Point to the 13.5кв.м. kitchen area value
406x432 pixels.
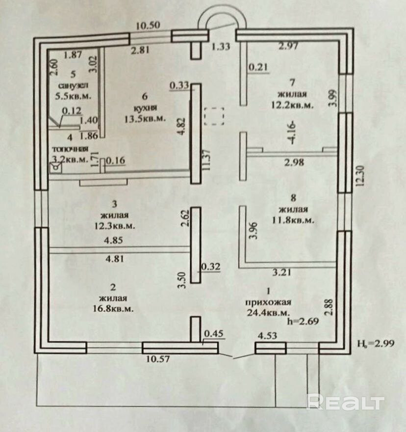(145, 118)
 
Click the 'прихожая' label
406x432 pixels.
(269, 301)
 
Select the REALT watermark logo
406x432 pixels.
(344, 403)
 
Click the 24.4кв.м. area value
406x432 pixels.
(269, 312)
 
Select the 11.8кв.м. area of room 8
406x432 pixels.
(293, 220)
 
